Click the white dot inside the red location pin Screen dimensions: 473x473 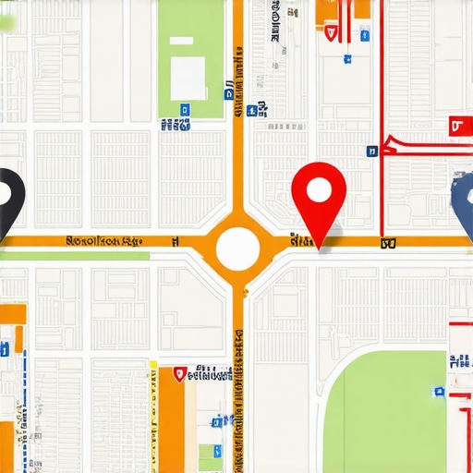coord(318,190)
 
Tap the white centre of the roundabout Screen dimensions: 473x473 coord(237,247)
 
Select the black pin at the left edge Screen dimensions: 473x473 coord(7,199)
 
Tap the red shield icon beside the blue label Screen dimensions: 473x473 coord(179,374)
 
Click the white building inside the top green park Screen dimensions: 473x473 coord(188,79)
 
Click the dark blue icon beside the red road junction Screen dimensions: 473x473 coord(371,150)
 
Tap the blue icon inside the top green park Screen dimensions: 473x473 coord(185,108)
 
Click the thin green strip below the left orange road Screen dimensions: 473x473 coord(74,255)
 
